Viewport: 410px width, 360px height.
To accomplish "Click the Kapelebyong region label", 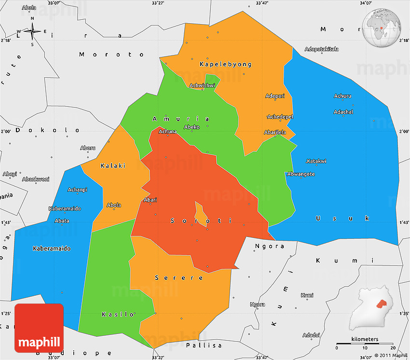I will [225, 64].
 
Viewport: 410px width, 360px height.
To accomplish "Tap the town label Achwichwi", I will [203, 86].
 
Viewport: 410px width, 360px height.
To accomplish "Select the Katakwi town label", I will [316, 161].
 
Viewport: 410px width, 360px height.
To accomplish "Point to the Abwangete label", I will [301, 174].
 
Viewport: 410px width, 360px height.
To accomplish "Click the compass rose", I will [32, 32].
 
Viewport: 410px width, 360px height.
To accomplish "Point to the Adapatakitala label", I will [322, 49].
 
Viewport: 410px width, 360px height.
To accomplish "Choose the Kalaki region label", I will [113, 166].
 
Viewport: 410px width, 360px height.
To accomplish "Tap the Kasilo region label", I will [118, 315].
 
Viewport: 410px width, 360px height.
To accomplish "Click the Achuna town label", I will [168, 131].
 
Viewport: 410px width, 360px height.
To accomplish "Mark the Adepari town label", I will [275, 96].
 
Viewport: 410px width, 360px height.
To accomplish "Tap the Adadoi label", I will [311, 335].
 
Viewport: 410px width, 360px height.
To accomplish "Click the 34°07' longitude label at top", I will [366, 3].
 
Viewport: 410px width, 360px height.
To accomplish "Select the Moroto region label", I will [111, 55].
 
